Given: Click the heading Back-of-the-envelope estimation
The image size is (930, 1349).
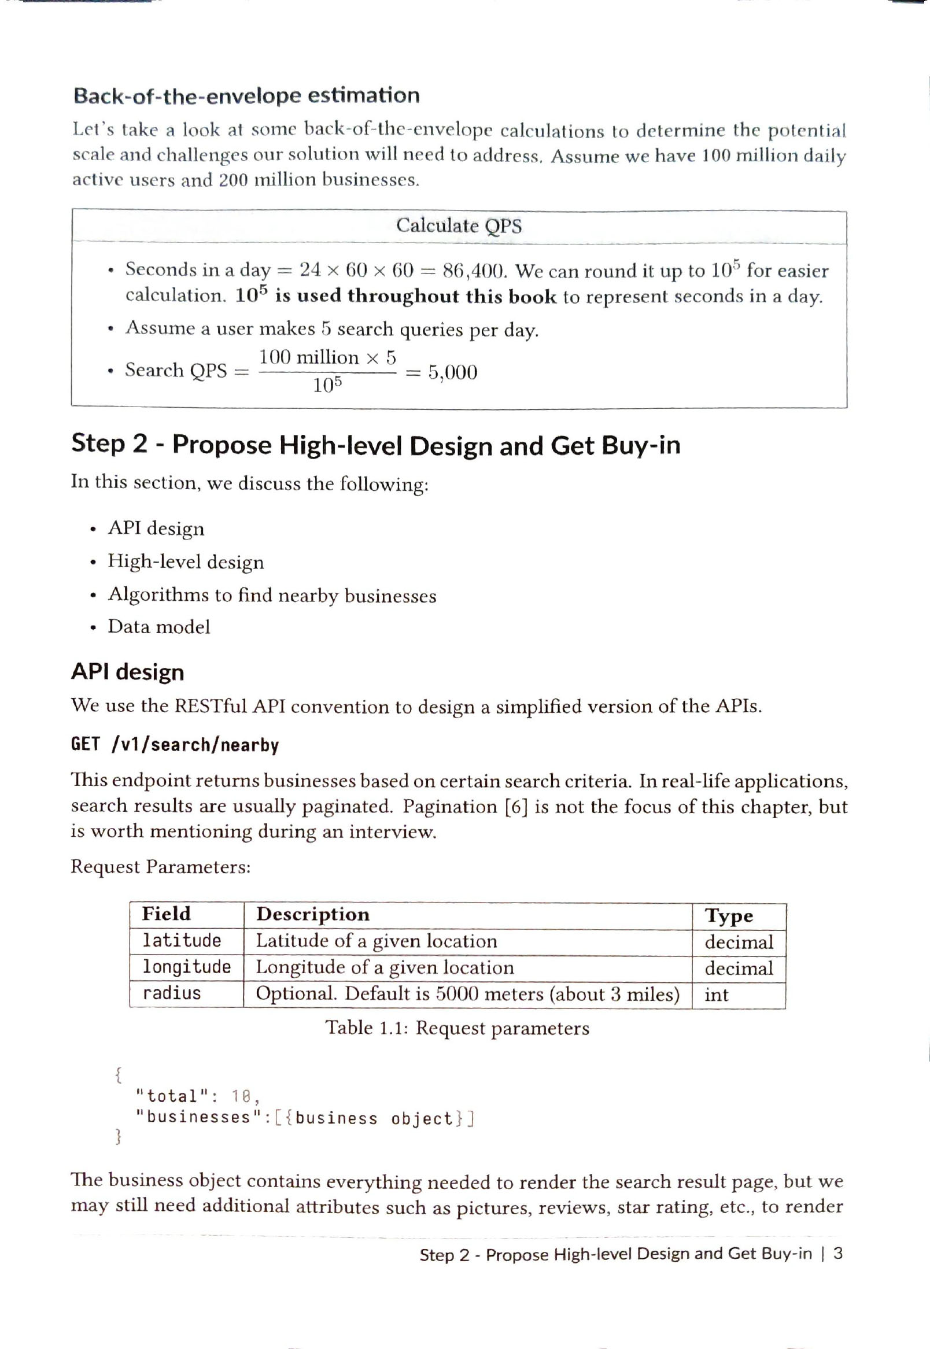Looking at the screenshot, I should [x=246, y=96].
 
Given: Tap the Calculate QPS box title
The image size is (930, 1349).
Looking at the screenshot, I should [x=459, y=226].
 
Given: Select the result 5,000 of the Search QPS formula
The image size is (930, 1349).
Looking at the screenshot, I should [x=453, y=373].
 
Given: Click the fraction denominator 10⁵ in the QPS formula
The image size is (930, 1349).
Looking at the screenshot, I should [x=327, y=386].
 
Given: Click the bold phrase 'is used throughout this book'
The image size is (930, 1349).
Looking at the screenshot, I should [x=415, y=297].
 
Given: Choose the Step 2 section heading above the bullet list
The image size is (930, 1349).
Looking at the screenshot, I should [x=375, y=445].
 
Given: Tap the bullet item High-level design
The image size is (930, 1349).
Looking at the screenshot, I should [x=185, y=562].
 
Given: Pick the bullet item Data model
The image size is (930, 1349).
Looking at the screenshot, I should [x=158, y=627].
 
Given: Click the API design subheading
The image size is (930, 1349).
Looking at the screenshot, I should [x=128, y=672].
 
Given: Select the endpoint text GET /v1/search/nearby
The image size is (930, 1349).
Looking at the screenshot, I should [x=175, y=745].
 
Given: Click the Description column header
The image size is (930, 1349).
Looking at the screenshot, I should [x=313, y=915].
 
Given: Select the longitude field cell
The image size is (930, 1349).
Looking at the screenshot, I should [x=186, y=967].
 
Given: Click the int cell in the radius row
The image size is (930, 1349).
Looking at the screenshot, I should [x=716, y=995].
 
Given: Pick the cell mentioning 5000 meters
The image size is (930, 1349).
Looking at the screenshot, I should [x=467, y=994].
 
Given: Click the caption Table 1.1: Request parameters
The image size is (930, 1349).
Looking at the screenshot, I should [x=457, y=1028].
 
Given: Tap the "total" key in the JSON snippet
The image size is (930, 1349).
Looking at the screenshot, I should [x=172, y=1096].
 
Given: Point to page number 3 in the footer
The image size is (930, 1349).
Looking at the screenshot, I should [x=837, y=1254].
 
